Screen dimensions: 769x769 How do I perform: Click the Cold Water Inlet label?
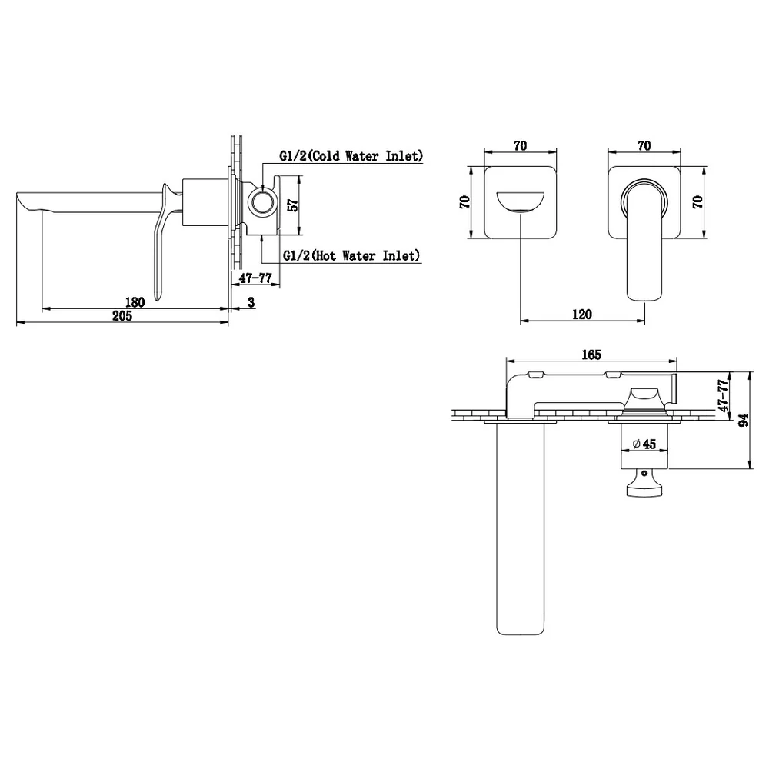click(x=351, y=156)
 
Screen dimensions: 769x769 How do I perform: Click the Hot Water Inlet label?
click(x=351, y=255)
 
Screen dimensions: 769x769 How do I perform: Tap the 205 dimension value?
click(x=122, y=316)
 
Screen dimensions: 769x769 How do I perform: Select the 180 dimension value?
click(x=135, y=302)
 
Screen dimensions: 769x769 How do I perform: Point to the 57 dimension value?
click(x=292, y=205)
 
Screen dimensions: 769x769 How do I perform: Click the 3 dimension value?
click(x=251, y=302)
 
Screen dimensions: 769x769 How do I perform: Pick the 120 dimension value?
click(x=582, y=315)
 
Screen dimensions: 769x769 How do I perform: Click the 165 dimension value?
click(x=591, y=355)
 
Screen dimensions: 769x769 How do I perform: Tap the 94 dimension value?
click(x=744, y=421)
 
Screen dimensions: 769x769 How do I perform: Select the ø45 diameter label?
click(x=644, y=444)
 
